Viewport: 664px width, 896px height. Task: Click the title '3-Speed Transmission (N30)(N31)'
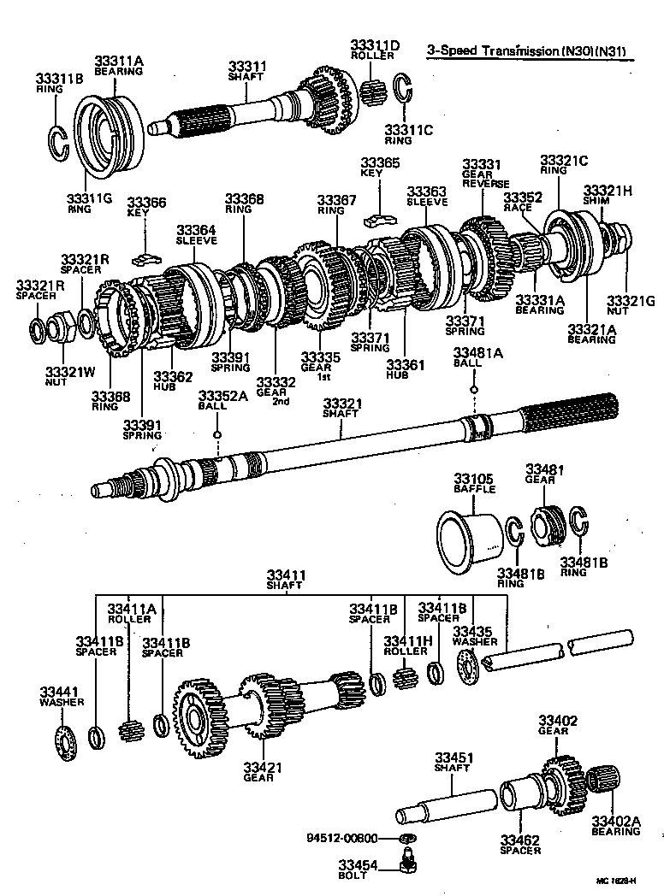[x=526, y=51]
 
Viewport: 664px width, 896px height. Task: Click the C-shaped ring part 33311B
[x=58, y=141]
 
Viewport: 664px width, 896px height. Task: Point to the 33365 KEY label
[x=379, y=168]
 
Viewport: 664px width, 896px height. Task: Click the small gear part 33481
[x=548, y=523]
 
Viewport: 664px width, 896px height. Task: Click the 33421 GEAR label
[x=258, y=771]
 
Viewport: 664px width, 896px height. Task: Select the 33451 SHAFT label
[x=452, y=763]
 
